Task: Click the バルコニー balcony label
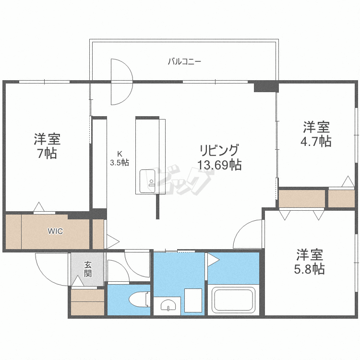(x=184, y=61)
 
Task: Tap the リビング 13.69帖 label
(x=219, y=157)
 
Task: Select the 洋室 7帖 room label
(x=47, y=146)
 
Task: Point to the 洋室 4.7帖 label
(x=316, y=134)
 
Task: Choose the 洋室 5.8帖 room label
(x=309, y=261)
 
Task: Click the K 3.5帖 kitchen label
(x=120, y=158)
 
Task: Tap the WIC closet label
(x=55, y=231)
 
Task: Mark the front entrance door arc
(x=51, y=268)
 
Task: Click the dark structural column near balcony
(x=266, y=86)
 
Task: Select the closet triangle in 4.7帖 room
(x=347, y=181)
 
